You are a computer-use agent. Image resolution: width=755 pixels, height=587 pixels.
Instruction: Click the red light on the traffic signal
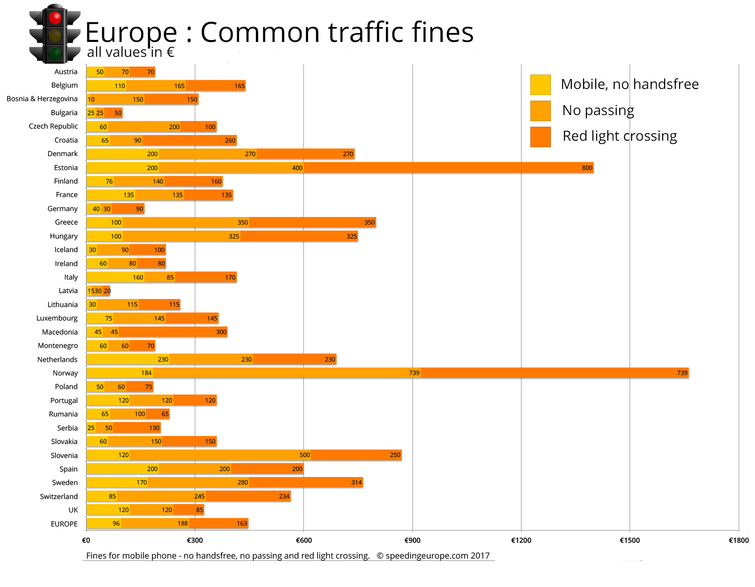coord(55,18)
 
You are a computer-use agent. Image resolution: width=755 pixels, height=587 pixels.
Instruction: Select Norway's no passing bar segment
coord(287,373)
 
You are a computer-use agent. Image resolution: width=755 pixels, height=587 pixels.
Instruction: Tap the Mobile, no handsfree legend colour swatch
coord(540,84)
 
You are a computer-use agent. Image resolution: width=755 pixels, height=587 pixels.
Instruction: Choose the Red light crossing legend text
coord(619,136)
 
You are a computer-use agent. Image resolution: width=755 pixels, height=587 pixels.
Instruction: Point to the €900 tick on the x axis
coord(412,540)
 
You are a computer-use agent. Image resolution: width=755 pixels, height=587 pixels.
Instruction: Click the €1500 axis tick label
coord(630,540)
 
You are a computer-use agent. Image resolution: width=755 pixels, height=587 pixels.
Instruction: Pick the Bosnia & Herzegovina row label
coord(42,99)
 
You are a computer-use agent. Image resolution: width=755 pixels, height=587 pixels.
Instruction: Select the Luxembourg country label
coord(57,318)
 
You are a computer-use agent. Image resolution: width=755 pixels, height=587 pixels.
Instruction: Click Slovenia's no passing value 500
coord(304,455)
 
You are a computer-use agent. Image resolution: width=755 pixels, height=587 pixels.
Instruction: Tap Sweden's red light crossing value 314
coord(357,483)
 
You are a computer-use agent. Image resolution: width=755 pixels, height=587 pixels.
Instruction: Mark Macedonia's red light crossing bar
coord(172,332)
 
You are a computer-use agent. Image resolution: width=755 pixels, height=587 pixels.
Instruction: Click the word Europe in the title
coord(131,33)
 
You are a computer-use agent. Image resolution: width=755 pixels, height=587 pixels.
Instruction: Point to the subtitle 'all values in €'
coord(130,52)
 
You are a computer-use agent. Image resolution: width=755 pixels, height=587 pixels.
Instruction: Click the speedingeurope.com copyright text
coord(433,555)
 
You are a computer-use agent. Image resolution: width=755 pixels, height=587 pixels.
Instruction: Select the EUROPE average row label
coord(64,524)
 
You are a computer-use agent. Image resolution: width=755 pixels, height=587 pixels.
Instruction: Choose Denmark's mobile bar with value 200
coord(122,154)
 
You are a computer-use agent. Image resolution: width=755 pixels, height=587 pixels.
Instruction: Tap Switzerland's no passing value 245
coord(199,497)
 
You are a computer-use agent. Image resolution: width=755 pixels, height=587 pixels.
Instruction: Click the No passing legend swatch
coord(540,111)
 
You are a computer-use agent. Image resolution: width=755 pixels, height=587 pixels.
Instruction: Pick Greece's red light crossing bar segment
coord(312,223)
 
